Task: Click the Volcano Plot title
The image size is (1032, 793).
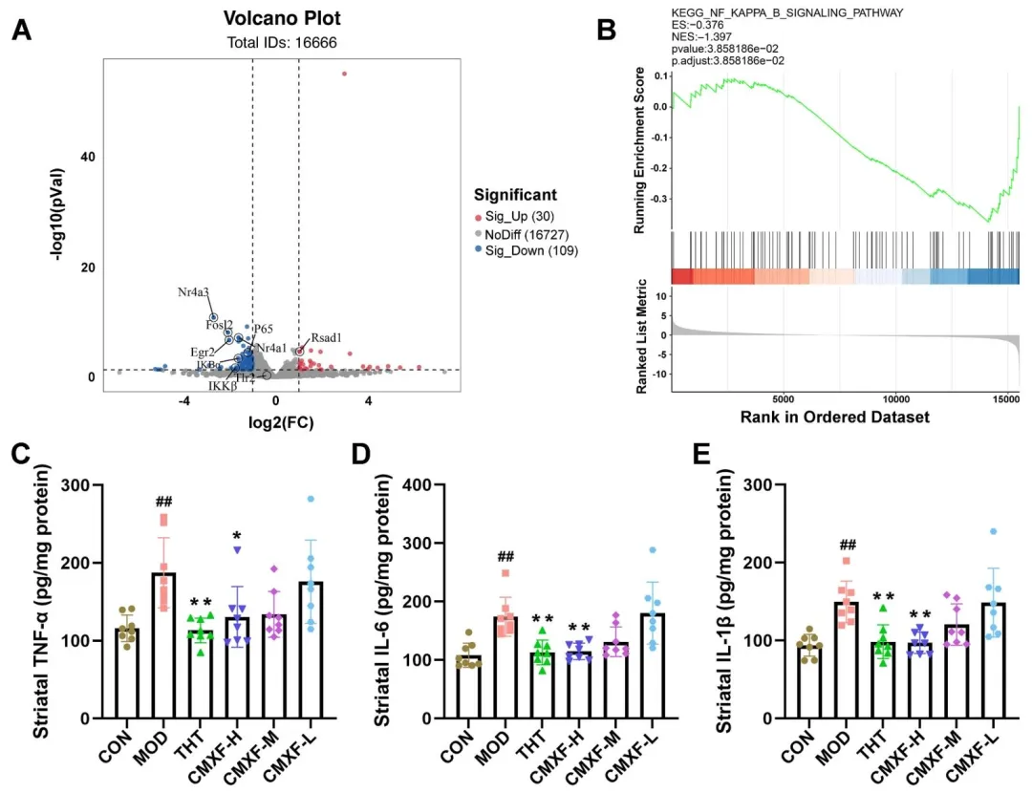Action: pos(282,18)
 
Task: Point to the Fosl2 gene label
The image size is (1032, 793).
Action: pos(219,324)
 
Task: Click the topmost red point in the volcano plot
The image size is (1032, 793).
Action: pos(344,74)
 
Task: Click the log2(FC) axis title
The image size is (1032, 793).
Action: pos(281,421)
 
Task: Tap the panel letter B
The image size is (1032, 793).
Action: pos(606,30)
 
